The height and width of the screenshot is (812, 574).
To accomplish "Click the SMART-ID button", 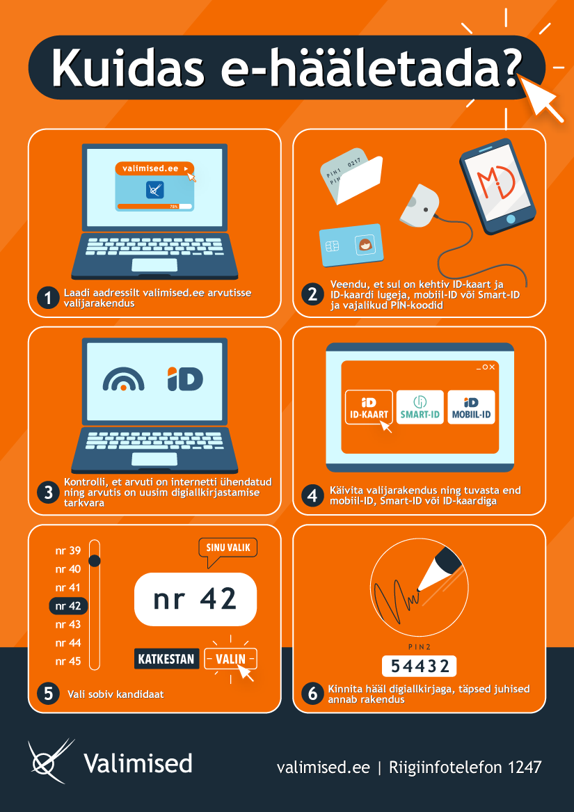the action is point(420,407).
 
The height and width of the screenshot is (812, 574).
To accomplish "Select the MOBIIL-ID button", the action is point(471,407).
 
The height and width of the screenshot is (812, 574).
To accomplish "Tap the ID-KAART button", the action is point(368,407).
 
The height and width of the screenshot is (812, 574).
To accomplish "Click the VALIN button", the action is point(230,659).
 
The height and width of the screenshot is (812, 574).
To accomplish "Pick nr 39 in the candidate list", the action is point(68,550).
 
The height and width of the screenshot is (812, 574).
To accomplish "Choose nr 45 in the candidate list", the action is point(68,661).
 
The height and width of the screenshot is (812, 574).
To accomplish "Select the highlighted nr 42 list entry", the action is point(68,606).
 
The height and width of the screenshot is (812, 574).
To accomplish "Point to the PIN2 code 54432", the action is point(419,667).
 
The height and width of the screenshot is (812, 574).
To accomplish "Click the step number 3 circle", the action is point(48,493).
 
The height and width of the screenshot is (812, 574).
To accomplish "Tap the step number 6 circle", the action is point(312,694).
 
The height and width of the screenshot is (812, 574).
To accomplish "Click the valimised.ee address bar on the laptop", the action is point(154,169).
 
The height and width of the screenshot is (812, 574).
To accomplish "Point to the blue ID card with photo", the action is point(351,245).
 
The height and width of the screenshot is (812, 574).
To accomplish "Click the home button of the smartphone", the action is point(511,218).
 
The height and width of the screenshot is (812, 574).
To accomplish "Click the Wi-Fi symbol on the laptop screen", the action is point(123,379).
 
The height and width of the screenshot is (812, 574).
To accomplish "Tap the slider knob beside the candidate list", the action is point(95,560).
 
